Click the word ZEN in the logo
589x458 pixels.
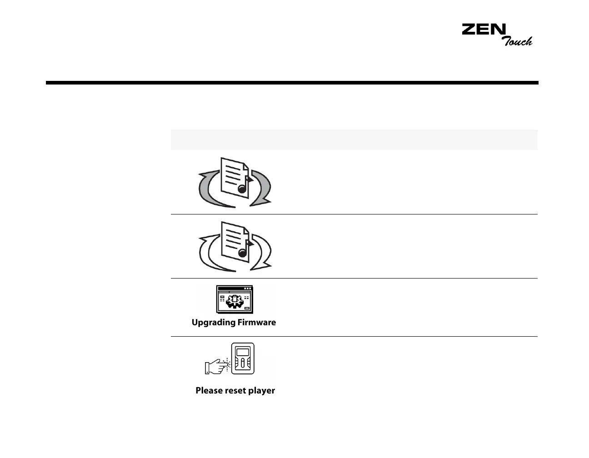483,30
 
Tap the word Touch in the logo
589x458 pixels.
517,41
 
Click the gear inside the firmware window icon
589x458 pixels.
234,300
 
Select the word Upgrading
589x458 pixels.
213,323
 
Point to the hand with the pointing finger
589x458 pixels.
216,367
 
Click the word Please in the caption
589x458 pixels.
209,390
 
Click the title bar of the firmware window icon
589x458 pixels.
235,288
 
